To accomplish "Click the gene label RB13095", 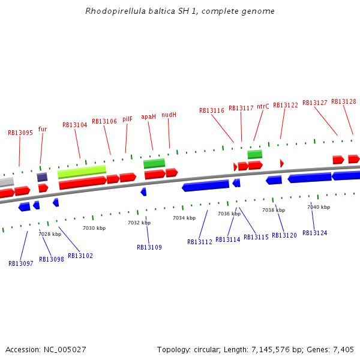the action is (20, 133).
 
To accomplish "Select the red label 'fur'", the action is (43, 129).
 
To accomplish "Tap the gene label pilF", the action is (127, 119).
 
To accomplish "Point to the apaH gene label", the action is (148, 117).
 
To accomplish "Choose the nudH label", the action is (169, 115).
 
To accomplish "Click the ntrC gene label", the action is (263, 106).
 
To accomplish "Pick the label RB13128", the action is (344, 102).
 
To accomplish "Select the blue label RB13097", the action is (21, 263).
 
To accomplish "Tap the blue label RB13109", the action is (149, 247).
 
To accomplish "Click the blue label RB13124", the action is (315, 233).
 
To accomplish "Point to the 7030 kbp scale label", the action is (94, 228).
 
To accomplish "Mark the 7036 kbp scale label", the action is (229, 214).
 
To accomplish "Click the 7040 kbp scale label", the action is (319, 207).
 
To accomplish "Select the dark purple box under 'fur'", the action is (42, 177).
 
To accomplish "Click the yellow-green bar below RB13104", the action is (82, 172).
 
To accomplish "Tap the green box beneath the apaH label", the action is (154, 163).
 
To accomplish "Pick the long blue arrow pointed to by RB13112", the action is (205, 186).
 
